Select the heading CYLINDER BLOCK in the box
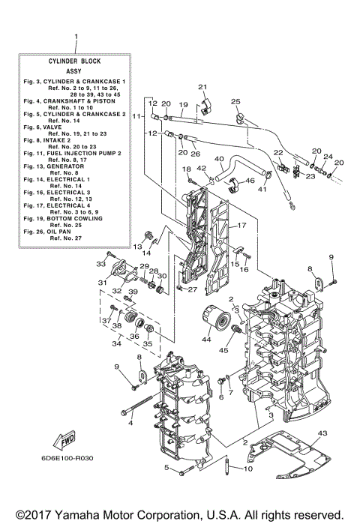75,63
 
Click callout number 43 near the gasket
322,433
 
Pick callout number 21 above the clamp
202,88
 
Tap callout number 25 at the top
235,100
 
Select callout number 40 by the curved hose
219,159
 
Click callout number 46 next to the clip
250,181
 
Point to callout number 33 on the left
100,263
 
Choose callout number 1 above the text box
75,36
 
